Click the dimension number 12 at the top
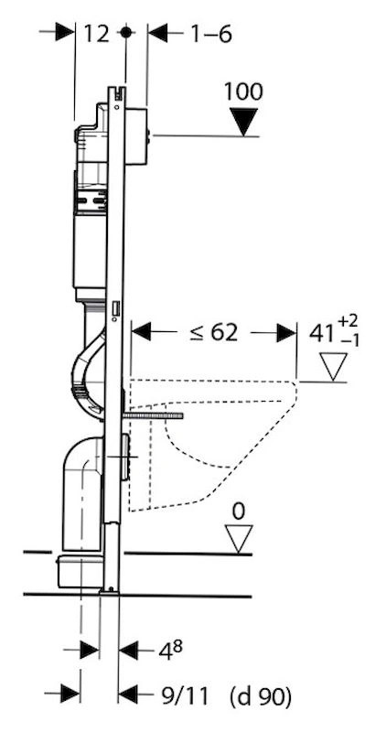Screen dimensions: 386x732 point(97,34)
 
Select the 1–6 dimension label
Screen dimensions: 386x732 point(211,34)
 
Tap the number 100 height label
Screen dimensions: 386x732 point(243,92)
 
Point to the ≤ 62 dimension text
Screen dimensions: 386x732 point(213,332)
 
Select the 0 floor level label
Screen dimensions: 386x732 point(238,512)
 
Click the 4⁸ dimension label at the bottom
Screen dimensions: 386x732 point(170,651)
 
